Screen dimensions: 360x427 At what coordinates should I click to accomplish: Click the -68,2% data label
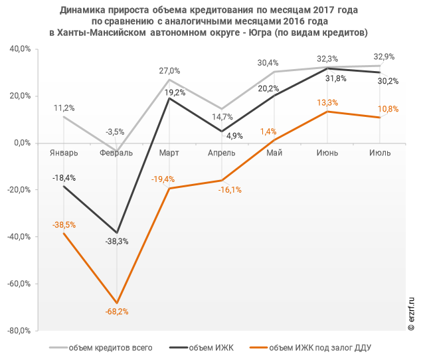(x=116, y=312)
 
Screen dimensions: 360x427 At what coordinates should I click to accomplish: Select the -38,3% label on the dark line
(x=116, y=242)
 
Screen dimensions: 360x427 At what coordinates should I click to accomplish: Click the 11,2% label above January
(x=64, y=108)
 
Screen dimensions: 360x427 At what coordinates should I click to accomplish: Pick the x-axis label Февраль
(x=116, y=153)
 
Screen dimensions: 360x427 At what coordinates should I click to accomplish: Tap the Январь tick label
(x=64, y=153)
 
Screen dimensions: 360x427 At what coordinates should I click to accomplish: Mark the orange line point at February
(x=116, y=303)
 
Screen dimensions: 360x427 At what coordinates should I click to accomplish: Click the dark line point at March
(x=169, y=98)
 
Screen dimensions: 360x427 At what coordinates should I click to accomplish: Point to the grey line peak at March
(x=169, y=80)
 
